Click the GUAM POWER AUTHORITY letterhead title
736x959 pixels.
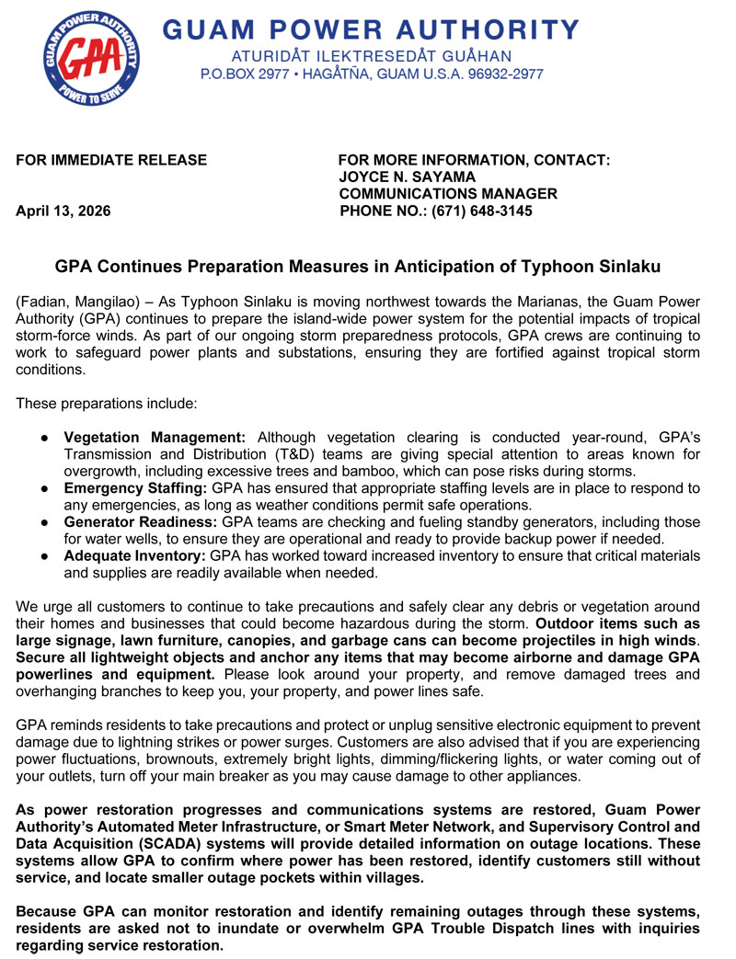371,29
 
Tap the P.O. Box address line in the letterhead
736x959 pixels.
372,74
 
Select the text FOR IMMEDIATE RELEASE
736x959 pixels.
111,160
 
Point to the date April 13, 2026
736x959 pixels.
63,211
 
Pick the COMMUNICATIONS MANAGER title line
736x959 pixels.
448,194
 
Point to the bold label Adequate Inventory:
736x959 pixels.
135,556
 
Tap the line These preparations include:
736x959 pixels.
106,404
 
